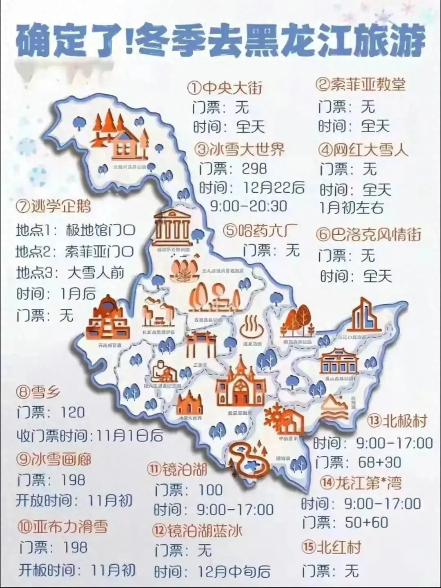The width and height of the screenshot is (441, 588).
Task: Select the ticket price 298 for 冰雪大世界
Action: pyautogui.click(x=254, y=168)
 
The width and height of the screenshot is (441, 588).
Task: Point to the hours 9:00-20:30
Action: pyautogui.click(x=249, y=206)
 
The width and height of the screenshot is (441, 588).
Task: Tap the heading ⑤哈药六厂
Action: pyautogui.click(x=261, y=230)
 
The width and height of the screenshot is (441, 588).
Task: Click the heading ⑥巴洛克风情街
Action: pyautogui.click(x=369, y=235)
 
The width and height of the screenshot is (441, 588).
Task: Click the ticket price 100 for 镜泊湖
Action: pyautogui.click(x=211, y=490)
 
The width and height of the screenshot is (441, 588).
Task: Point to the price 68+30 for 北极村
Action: pyautogui.click(x=379, y=462)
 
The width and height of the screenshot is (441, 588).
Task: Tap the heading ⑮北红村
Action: pyautogui.click(x=332, y=547)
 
